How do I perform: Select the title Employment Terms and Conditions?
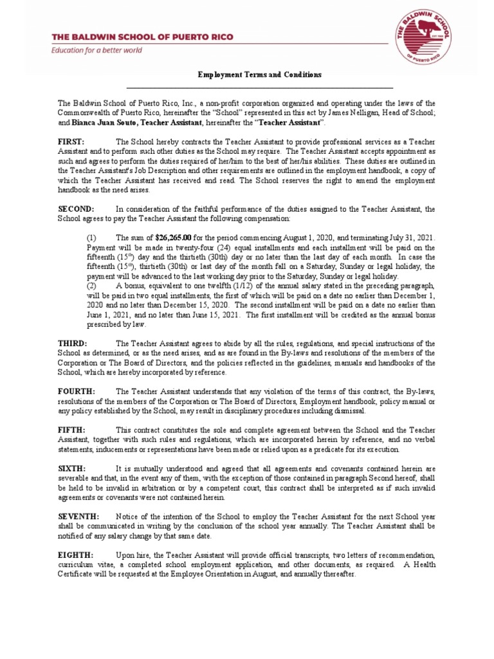[x=259, y=75]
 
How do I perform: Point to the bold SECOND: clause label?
[x=76, y=209]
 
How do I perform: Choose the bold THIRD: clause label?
[x=73, y=344]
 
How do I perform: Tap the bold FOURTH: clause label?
[x=77, y=391]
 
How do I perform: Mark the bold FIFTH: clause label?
[x=71, y=429]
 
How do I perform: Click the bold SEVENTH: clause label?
[x=78, y=516]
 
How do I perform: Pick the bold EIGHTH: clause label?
[x=76, y=555]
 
